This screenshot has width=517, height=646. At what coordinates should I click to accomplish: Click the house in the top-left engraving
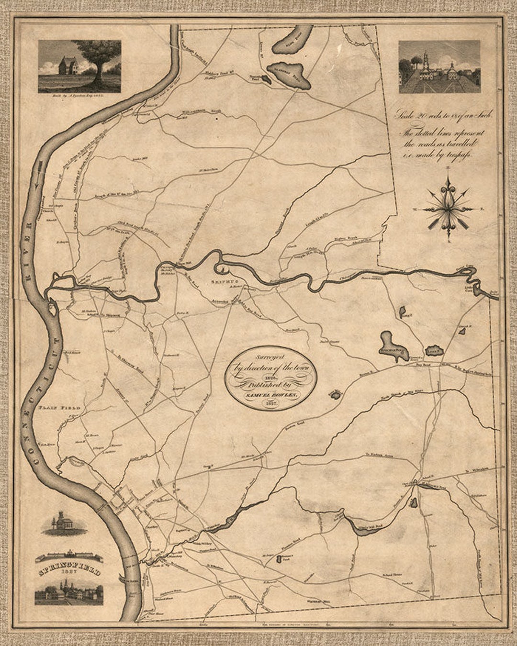[x=68, y=66]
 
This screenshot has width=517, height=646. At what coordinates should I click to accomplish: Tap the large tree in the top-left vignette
[x=98, y=57]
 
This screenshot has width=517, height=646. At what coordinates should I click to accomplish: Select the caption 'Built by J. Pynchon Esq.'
[x=79, y=96]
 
